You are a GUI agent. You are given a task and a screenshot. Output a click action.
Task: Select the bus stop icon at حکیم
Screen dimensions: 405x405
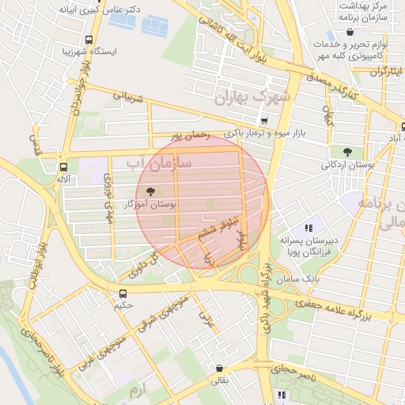pyautogui.click(x=122, y=293)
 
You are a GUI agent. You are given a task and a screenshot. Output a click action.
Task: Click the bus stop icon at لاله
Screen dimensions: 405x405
pyautogui.click(x=64, y=167)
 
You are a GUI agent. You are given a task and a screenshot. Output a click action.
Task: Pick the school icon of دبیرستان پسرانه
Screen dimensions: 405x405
pyautogui.click(x=308, y=227)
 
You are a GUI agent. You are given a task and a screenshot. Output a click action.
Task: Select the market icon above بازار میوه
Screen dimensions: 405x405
pyautogui.click(x=264, y=120)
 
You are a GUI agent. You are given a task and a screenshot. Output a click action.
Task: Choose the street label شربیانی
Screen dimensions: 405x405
pyautogui.click(x=130, y=100)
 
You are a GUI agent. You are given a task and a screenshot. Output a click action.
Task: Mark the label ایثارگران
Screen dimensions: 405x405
pyautogui.click(x=386, y=70)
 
